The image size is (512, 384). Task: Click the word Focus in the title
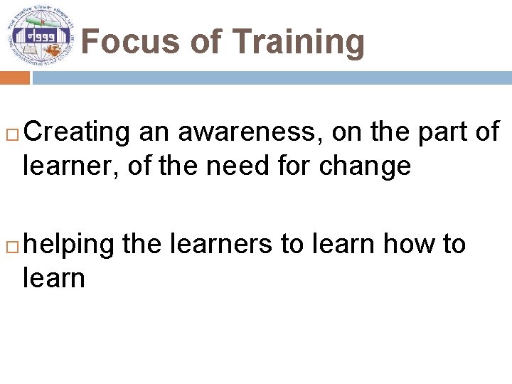click(x=129, y=42)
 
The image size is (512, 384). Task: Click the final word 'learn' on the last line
click(x=53, y=277)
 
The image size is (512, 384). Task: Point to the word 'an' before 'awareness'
click(x=154, y=132)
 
